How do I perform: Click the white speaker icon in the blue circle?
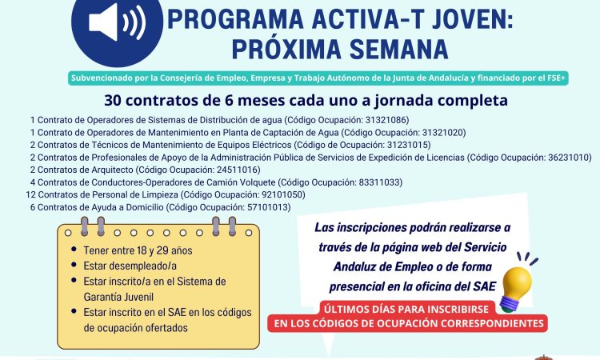point(117,22)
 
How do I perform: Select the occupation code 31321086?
point(387,120)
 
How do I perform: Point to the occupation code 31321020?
point(444,133)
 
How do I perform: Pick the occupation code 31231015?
point(409,145)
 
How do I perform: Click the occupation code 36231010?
point(570,158)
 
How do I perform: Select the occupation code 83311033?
point(380,182)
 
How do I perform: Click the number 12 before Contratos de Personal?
point(30,194)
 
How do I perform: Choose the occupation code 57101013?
point(269,207)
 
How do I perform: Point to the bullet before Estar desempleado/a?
point(74,265)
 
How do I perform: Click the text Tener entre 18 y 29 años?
point(138,250)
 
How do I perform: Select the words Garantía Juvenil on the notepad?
point(118,297)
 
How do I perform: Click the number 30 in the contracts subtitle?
point(113,101)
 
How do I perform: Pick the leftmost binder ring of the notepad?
point(85,226)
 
